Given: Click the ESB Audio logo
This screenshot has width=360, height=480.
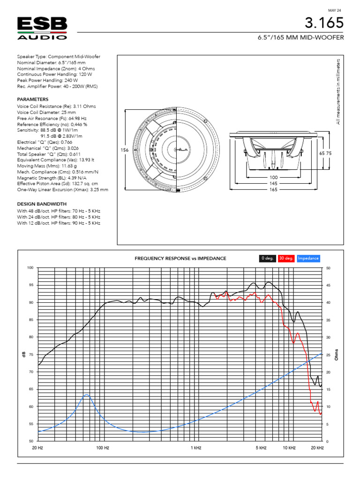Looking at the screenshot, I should coord(42,28).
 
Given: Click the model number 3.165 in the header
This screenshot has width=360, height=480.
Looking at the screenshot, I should coord(324,23).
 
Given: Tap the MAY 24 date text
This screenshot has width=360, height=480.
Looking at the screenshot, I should coord(334,10).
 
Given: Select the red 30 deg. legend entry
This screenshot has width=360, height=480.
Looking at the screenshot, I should coord(286,258).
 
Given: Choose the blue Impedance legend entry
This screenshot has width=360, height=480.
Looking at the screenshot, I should coord(308,258).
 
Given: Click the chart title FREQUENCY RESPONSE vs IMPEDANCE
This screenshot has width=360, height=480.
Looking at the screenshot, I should coord(180,258).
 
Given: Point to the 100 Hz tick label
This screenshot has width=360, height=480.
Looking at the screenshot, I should coord(102,448).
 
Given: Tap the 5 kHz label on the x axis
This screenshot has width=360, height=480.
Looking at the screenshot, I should coord(261,448).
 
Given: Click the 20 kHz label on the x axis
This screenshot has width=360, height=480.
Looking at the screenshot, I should coord(317,448).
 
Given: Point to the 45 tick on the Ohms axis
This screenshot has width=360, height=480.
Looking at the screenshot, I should coord(328,285).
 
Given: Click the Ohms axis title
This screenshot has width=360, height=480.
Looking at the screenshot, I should coord(336,354).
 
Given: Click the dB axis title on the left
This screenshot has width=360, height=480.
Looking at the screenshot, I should coord(23,355).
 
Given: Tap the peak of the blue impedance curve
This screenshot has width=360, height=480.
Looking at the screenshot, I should coord(86,395).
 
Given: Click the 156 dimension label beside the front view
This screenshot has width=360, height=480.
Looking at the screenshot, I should coord(124,150).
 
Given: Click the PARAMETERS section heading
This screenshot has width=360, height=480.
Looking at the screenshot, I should coord(33,99).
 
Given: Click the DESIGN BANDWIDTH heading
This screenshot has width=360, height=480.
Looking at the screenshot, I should coord(42,204).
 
